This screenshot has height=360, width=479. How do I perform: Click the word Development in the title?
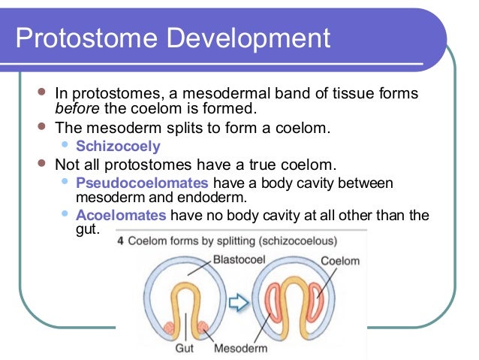click(249, 38)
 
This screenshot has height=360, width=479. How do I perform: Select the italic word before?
click(77, 109)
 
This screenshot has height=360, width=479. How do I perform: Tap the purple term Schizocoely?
click(119, 147)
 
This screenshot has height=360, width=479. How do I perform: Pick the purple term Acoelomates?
click(122, 216)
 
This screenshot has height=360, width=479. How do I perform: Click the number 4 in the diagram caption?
click(121, 242)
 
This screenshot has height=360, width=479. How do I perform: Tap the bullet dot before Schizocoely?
click(65, 144)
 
